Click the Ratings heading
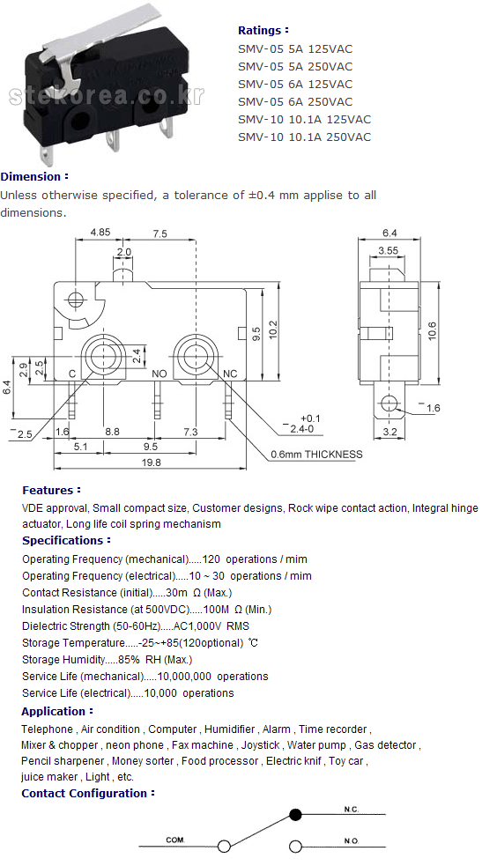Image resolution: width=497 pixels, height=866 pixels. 263,30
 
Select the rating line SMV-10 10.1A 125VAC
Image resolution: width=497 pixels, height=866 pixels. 304,119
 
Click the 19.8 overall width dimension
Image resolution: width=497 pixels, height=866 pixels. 151,463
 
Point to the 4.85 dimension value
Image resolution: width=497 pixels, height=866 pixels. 100,232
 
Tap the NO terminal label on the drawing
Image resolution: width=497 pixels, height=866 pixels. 159,374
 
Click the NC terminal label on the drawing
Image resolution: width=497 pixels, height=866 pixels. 230,374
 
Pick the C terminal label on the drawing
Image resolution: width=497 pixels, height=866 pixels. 71,374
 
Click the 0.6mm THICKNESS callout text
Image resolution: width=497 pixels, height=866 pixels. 316,455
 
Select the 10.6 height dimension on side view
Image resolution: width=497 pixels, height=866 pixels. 432,330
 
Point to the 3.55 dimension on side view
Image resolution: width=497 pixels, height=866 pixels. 389,250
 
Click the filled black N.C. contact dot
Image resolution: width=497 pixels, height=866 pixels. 296,814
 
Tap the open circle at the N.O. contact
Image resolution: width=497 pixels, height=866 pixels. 296,846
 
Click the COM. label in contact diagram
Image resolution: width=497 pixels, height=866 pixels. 175,840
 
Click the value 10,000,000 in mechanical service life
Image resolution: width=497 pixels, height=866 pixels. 184,677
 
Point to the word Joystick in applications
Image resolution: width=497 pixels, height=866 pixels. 260,745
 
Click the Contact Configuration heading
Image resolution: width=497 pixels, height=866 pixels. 88,794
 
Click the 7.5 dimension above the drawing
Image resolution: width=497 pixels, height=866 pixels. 159,233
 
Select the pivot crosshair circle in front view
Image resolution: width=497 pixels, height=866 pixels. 76,300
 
